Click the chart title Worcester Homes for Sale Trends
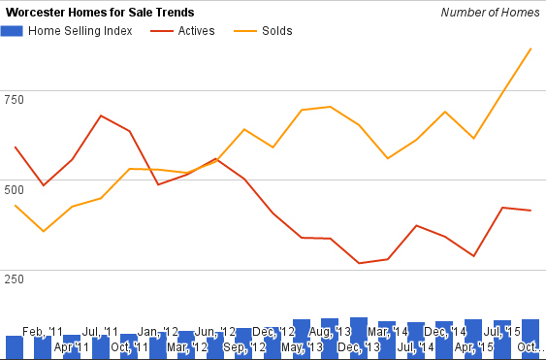(x=100, y=13)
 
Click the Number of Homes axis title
(x=490, y=13)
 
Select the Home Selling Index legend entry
(x=67, y=31)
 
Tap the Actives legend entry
(x=182, y=31)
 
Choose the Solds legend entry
(x=263, y=31)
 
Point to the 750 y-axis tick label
(x=14, y=100)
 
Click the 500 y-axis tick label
(x=14, y=190)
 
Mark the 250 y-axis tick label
(x=14, y=279)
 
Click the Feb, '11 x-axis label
(x=43, y=332)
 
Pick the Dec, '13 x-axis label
(x=359, y=347)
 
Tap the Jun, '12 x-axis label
(x=215, y=332)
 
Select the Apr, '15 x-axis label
(x=474, y=347)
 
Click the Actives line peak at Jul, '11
(x=101, y=115)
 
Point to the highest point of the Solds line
(x=530, y=49)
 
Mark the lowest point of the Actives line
(x=359, y=263)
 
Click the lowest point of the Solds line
(x=44, y=231)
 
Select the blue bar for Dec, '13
(x=359, y=338)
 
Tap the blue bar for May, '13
(x=302, y=339)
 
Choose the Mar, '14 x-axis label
(x=388, y=332)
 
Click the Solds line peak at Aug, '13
(x=330, y=107)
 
